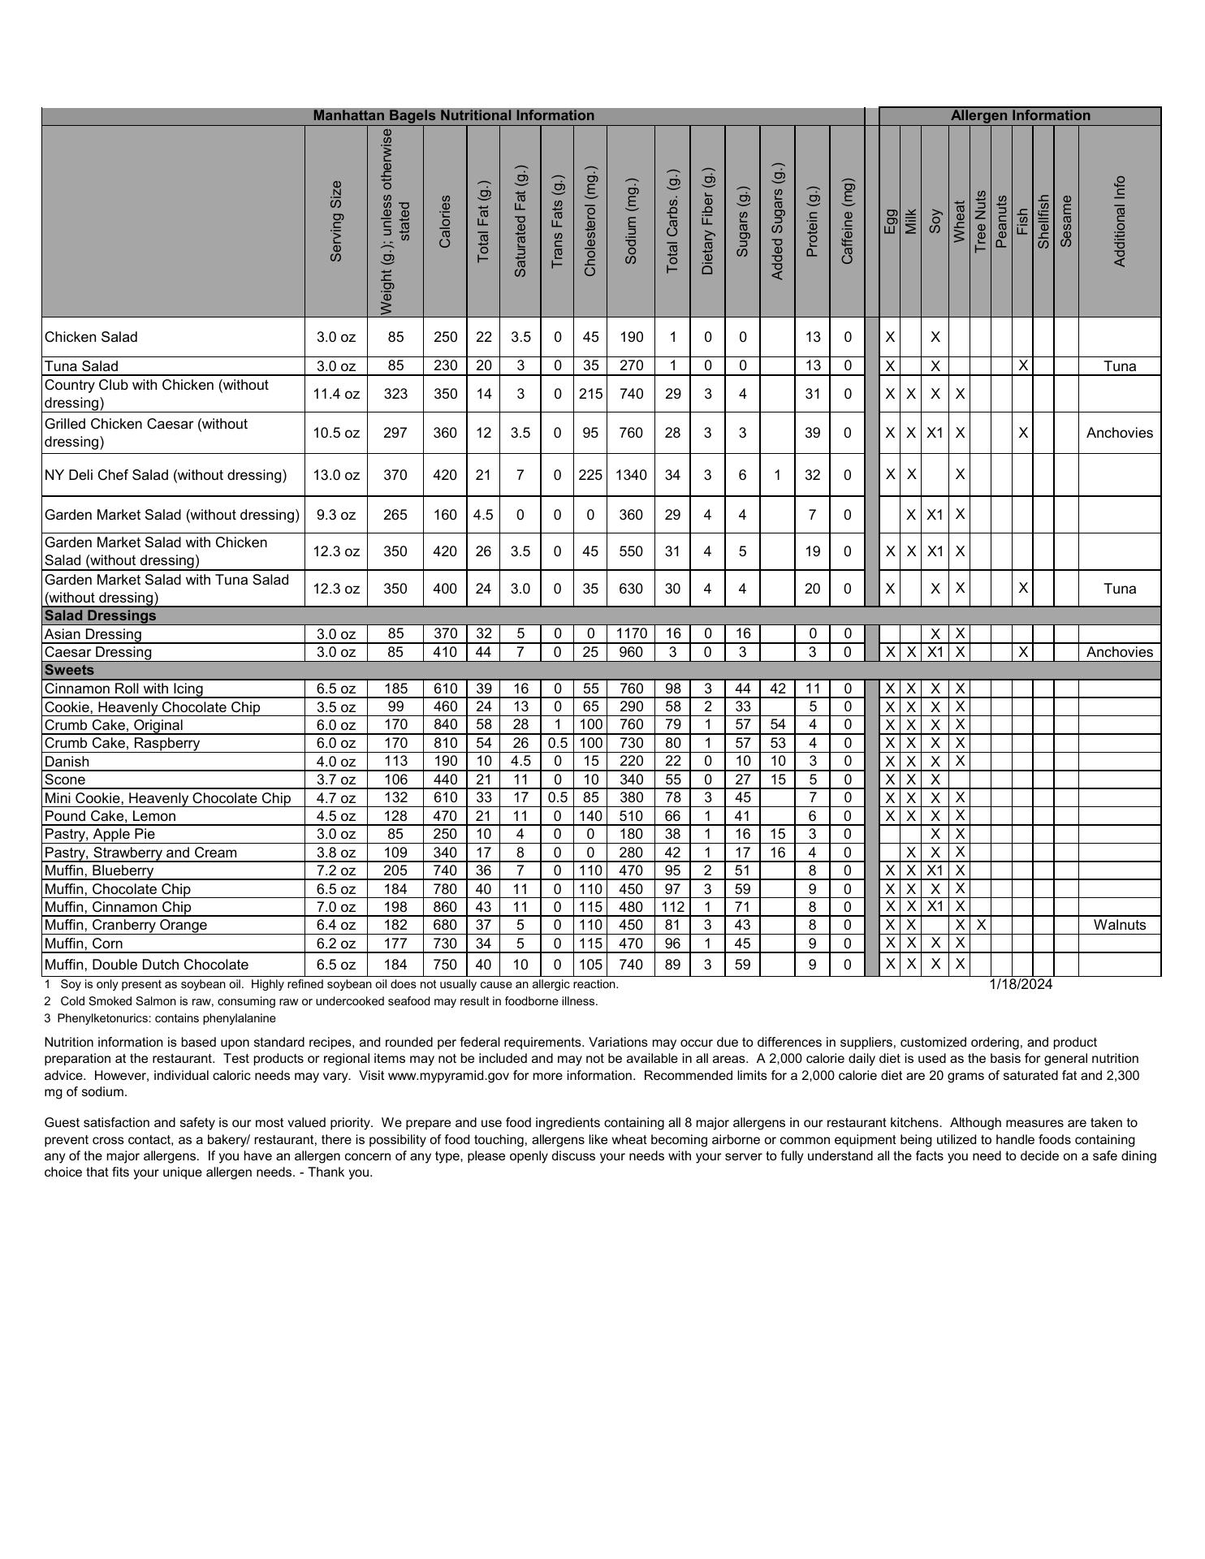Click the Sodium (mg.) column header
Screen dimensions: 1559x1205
tap(631, 221)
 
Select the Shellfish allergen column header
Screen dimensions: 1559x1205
tap(1043, 221)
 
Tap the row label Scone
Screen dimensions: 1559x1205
tap(64, 779)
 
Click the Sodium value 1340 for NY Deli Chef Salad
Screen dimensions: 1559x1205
tap(631, 475)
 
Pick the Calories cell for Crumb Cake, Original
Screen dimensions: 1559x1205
tap(445, 725)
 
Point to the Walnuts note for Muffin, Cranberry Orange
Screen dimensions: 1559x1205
tap(1120, 925)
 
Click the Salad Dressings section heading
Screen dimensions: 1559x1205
tap(101, 615)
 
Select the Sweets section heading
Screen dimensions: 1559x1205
tap(70, 670)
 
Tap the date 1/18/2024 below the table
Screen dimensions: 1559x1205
tap(1021, 984)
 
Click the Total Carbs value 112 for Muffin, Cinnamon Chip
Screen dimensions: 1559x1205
tap(672, 907)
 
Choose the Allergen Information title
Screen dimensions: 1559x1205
tap(1020, 115)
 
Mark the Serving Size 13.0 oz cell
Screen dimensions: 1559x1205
tap(336, 475)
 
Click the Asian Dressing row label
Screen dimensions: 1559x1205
tap(93, 634)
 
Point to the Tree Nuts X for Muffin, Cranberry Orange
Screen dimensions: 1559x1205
tap(981, 925)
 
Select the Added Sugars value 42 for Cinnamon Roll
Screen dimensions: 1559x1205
tap(777, 689)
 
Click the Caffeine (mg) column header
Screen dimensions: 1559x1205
tap(848, 221)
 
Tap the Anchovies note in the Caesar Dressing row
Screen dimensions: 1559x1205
tap(1120, 652)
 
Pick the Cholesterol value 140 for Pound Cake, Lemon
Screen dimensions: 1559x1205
tap(590, 816)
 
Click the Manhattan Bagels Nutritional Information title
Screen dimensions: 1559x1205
tap(453, 115)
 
